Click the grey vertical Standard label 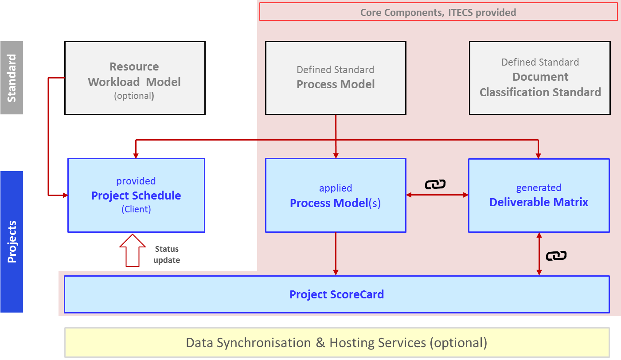pyautogui.click(x=12, y=78)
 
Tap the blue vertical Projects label pyautogui.click(x=12, y=242)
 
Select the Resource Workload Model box pyautogui.click(x=135, y=78)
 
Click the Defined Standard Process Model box pyautogui.click(x=336, y=78)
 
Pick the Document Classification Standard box pyautogui.click(x=540, y=78)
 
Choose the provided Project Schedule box pyautogui.click(x=136, y=195)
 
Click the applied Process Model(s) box pyautogui.click(x=336, y=195)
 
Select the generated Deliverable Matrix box pyautogui.click(x=539, y=195)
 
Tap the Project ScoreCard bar pyautogui.click(x=336, y=294)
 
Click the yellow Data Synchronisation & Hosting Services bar pyautogui.click(x=337, y=343)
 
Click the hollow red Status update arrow pyautogui.click(x=133, y=250)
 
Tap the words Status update pyautogui.click(x=167, y=254)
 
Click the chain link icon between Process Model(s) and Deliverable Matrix pyautogui.click(x=435, y=184)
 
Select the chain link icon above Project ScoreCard pyautogui.click(x=556, y=256)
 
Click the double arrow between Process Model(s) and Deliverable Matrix pyautogui.click(x=437, y=195)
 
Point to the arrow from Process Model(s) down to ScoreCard pyautogui.click(x=336, y=254)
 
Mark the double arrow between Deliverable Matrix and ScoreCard pyautogui.click(x=539, y=254)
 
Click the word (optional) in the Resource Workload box pyautogui.click(x=134, y=96)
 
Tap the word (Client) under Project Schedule pyautogui.click(x=136, y=209)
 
